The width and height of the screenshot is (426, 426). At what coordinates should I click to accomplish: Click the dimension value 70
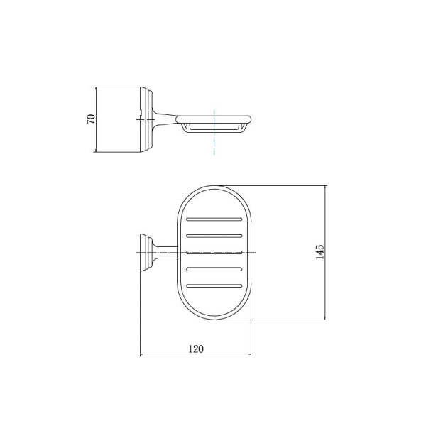coord(91,119)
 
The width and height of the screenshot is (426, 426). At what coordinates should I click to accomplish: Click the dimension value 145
coord(320,252)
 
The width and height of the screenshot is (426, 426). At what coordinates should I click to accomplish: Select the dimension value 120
coord(196,349)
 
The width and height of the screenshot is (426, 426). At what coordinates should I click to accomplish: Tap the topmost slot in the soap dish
coord(214,219)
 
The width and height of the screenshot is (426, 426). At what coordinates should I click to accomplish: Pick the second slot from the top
coord(214,236)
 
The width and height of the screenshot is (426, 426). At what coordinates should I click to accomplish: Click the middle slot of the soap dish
coord(214,252)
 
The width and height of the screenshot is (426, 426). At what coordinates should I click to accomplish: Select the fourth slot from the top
coord(214,269)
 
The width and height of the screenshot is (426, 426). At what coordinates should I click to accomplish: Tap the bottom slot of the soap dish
coord(214,285)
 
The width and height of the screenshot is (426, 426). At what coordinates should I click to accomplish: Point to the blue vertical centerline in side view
coord(214,132)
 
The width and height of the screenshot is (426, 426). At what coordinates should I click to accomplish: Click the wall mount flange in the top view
coord(146,253)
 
